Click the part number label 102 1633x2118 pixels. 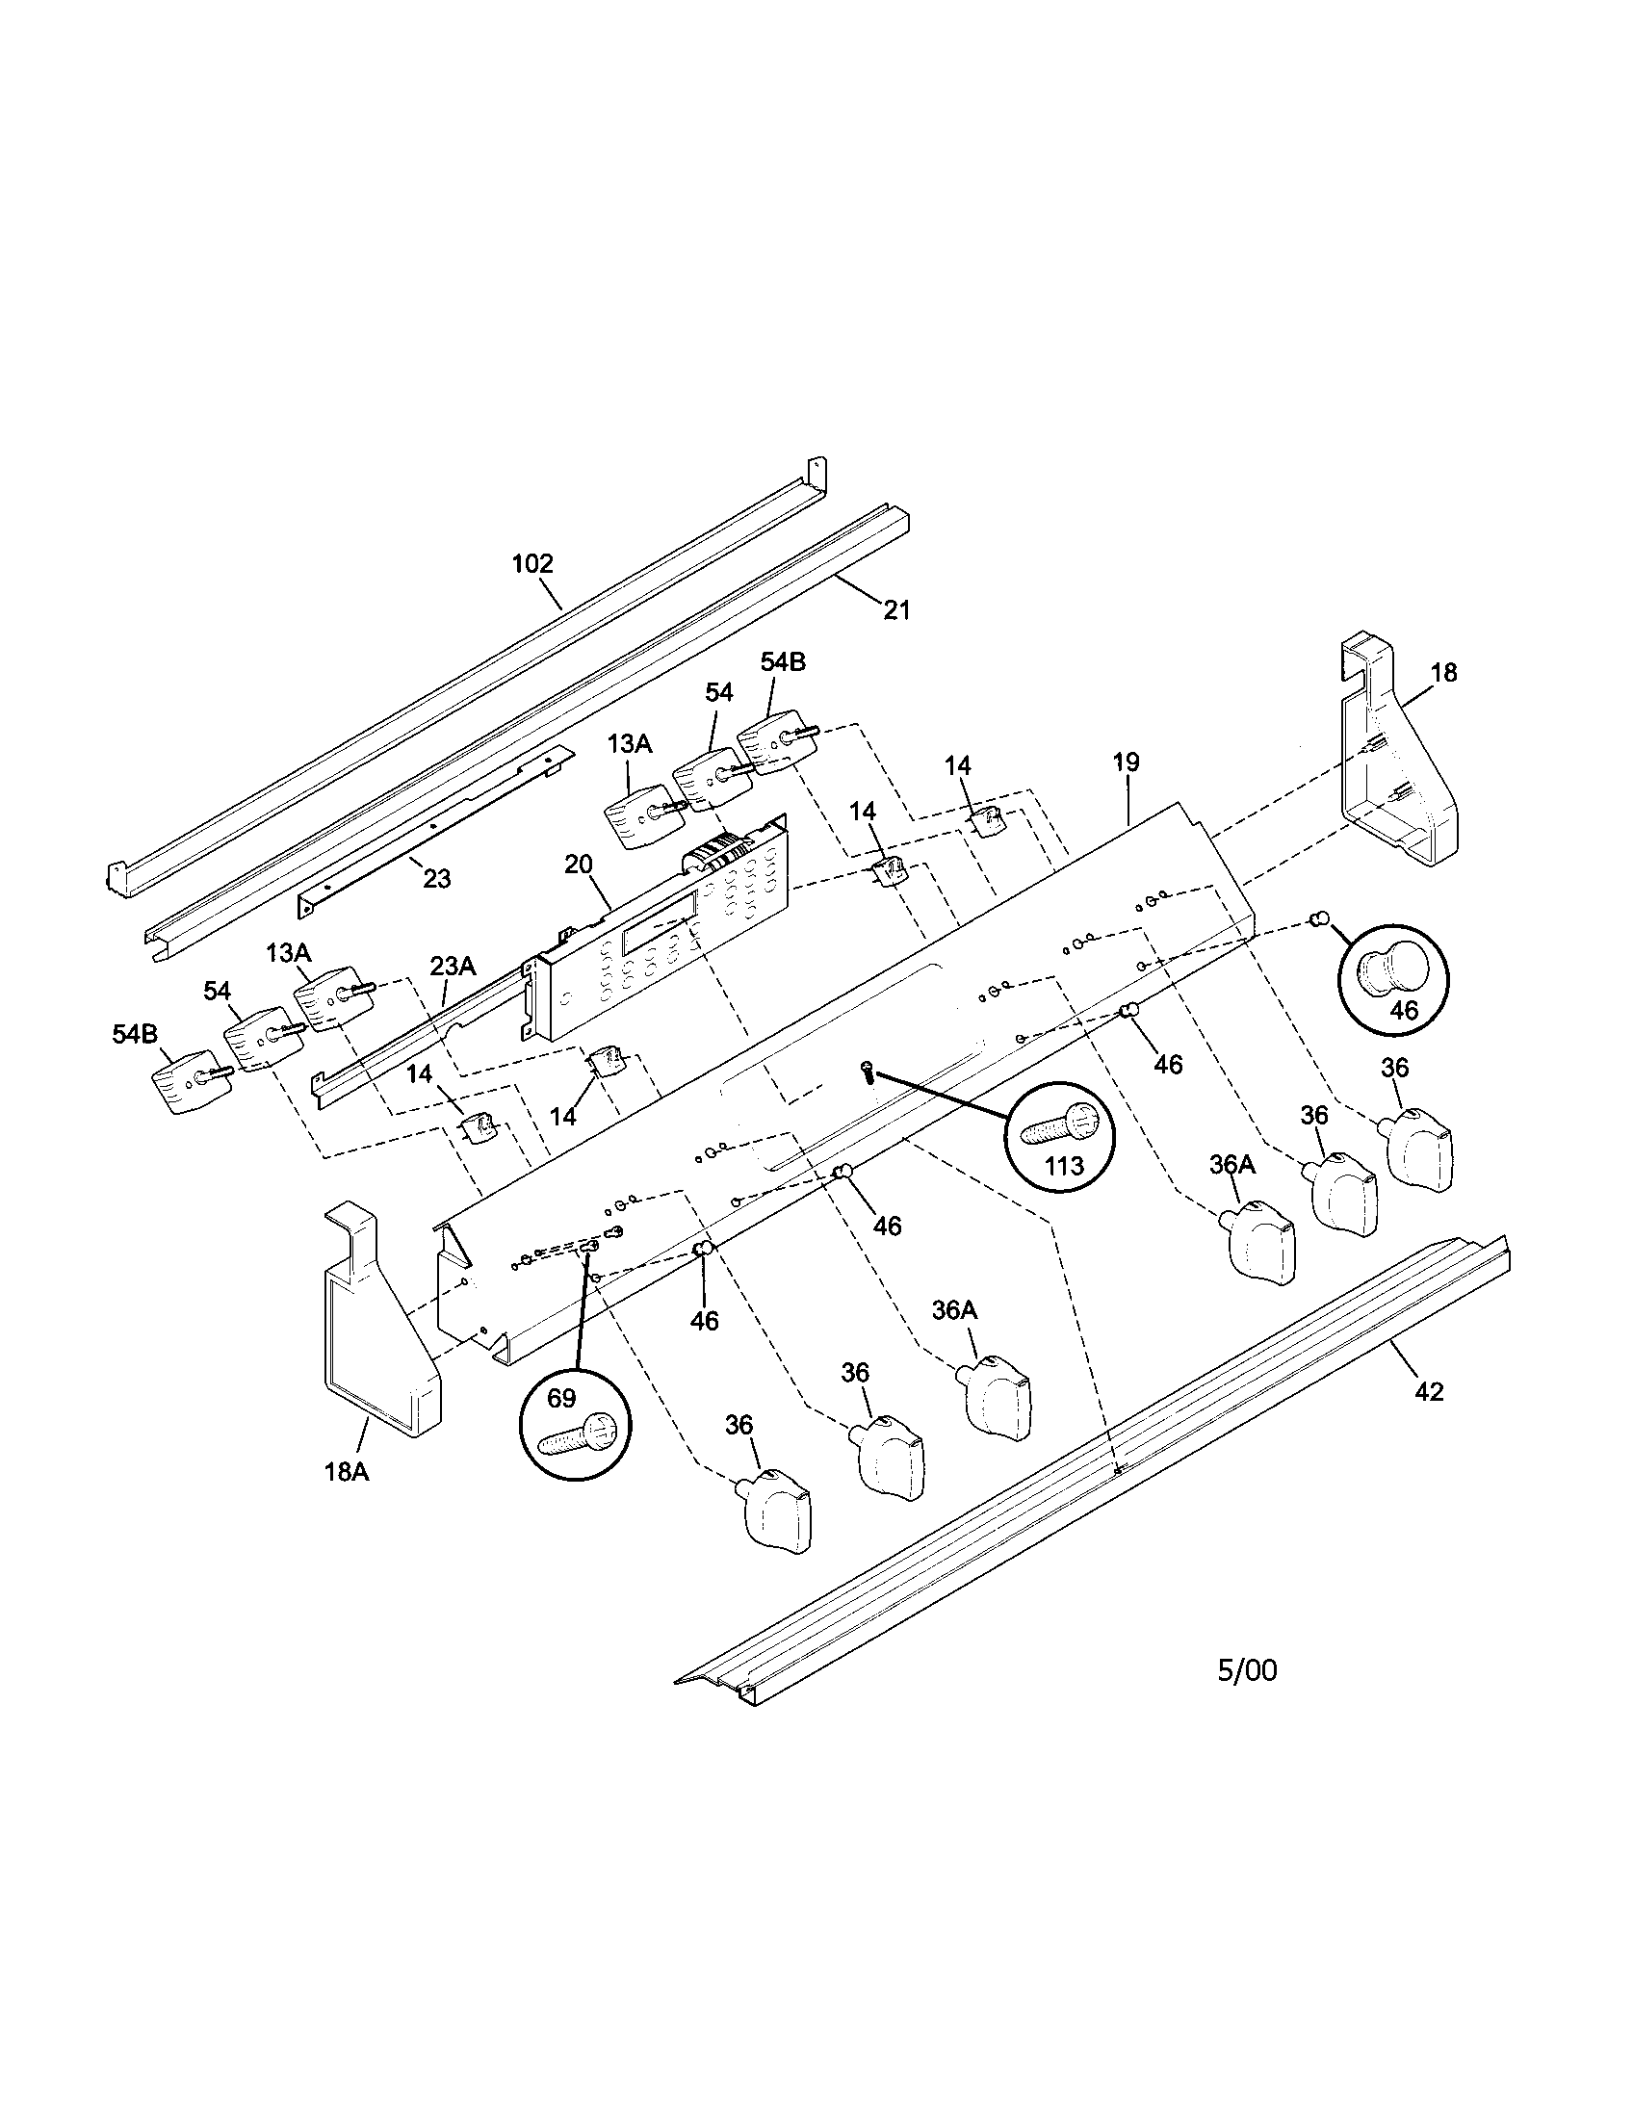tap(532, 563)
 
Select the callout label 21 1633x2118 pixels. tap(896, 610)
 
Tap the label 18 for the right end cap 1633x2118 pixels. tap(1444, 672)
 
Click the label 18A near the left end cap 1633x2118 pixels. tap(347, 1472)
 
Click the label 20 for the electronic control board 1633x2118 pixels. tap(578, 865)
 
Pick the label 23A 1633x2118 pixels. tap(453, 966)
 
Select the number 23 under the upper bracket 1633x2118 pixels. tap(437, 879)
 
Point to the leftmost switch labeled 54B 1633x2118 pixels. tap(189, 1079)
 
